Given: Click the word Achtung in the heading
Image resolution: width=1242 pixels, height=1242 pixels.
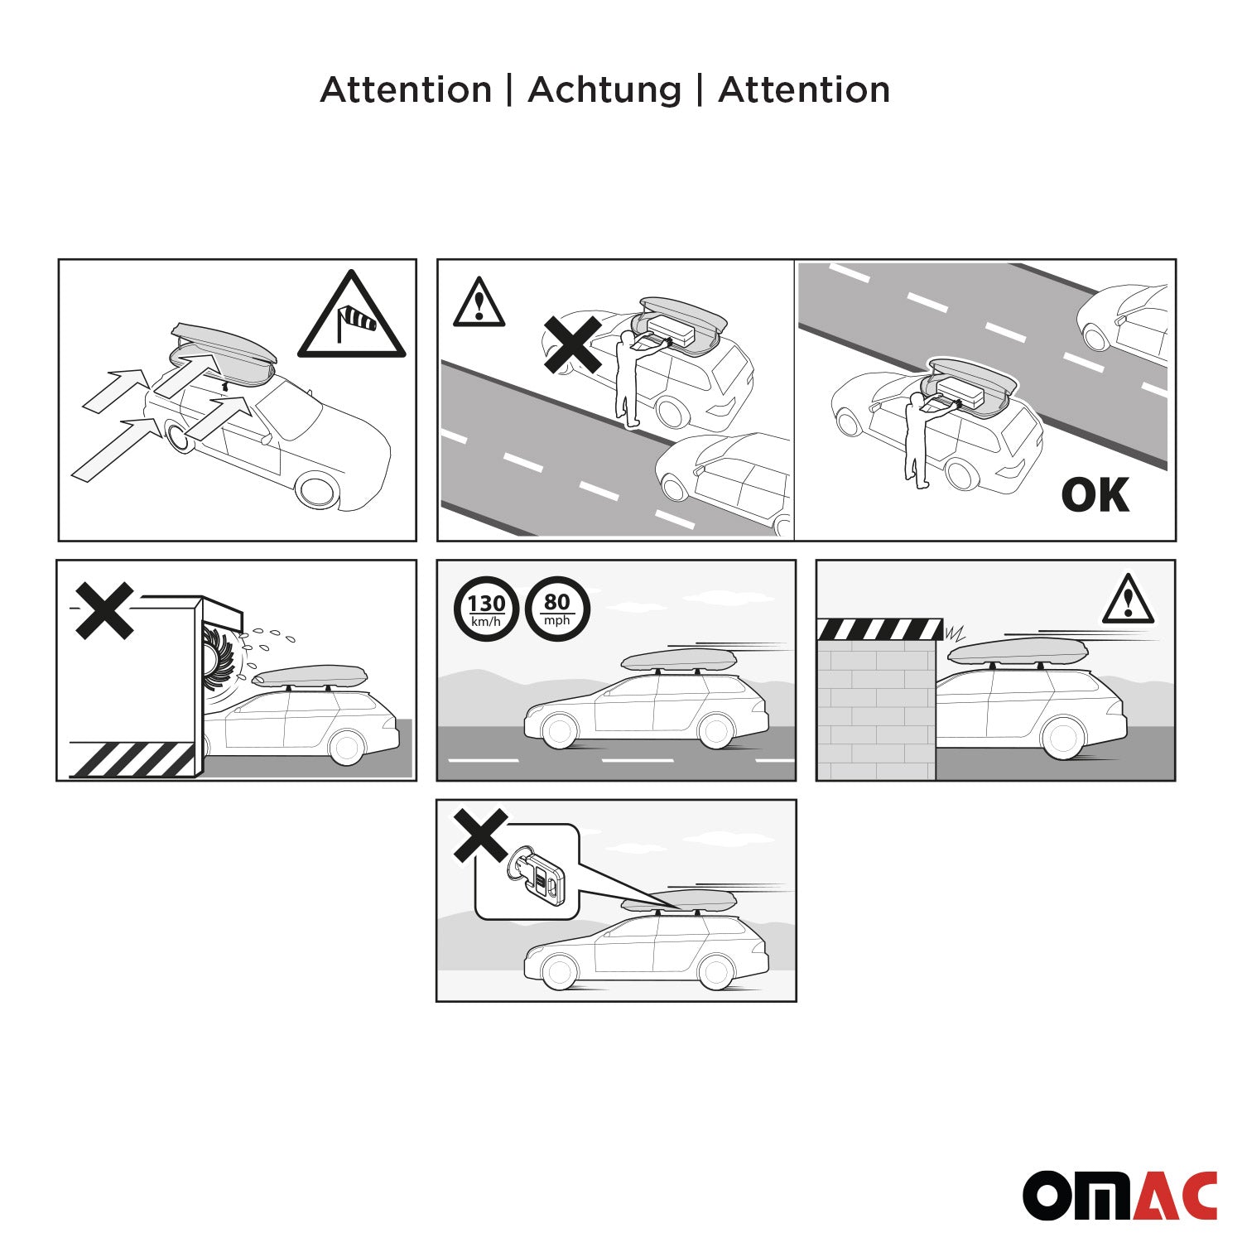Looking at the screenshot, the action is click(604, 89).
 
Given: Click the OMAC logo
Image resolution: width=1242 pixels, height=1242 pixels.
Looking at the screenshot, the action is click(1119, 1195).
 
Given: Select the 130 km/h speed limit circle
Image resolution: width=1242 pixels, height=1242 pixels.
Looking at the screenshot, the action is click(486, 609).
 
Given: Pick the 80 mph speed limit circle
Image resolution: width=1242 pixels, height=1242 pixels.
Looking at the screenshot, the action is click(557, 609).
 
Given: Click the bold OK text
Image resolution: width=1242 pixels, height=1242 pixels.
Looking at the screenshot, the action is click(1095, 495).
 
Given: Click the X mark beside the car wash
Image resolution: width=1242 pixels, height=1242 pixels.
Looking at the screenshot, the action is click(104, 611).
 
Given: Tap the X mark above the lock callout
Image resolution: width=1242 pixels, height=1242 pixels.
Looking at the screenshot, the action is click(481, 835).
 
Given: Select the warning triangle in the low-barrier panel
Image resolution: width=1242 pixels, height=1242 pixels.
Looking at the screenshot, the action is click(1128, 599).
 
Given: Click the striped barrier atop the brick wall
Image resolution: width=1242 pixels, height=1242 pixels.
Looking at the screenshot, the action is click(879, 629).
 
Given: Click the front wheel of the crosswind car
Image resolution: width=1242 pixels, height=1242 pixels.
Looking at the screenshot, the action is click(318, 489).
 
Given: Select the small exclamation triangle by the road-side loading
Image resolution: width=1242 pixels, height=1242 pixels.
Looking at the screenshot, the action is click(479, 302).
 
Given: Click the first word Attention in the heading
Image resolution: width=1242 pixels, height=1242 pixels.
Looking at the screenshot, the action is click(406, 89).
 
